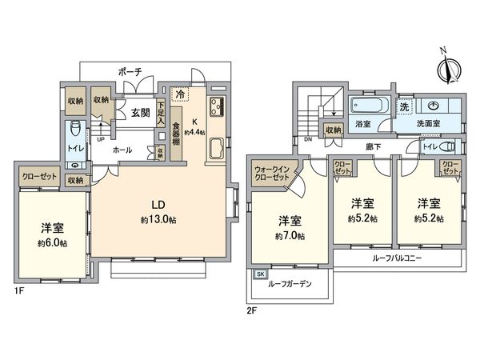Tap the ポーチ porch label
pos(130,71)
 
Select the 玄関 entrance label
pos(141,113)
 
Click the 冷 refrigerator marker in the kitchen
pos(179,94)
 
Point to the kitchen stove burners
pos(215,108)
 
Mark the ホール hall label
pos(122,150)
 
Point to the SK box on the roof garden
pos(261,274)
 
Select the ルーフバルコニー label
pos(395,259)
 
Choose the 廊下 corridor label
pos(374,146)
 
